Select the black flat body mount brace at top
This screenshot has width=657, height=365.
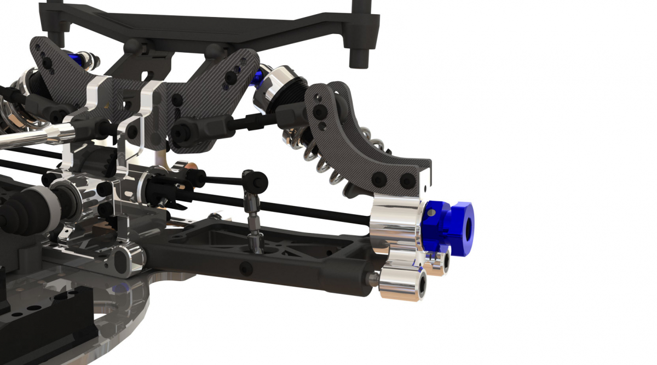click(208, 25)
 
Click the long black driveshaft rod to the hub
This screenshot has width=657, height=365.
click(307, 212)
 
